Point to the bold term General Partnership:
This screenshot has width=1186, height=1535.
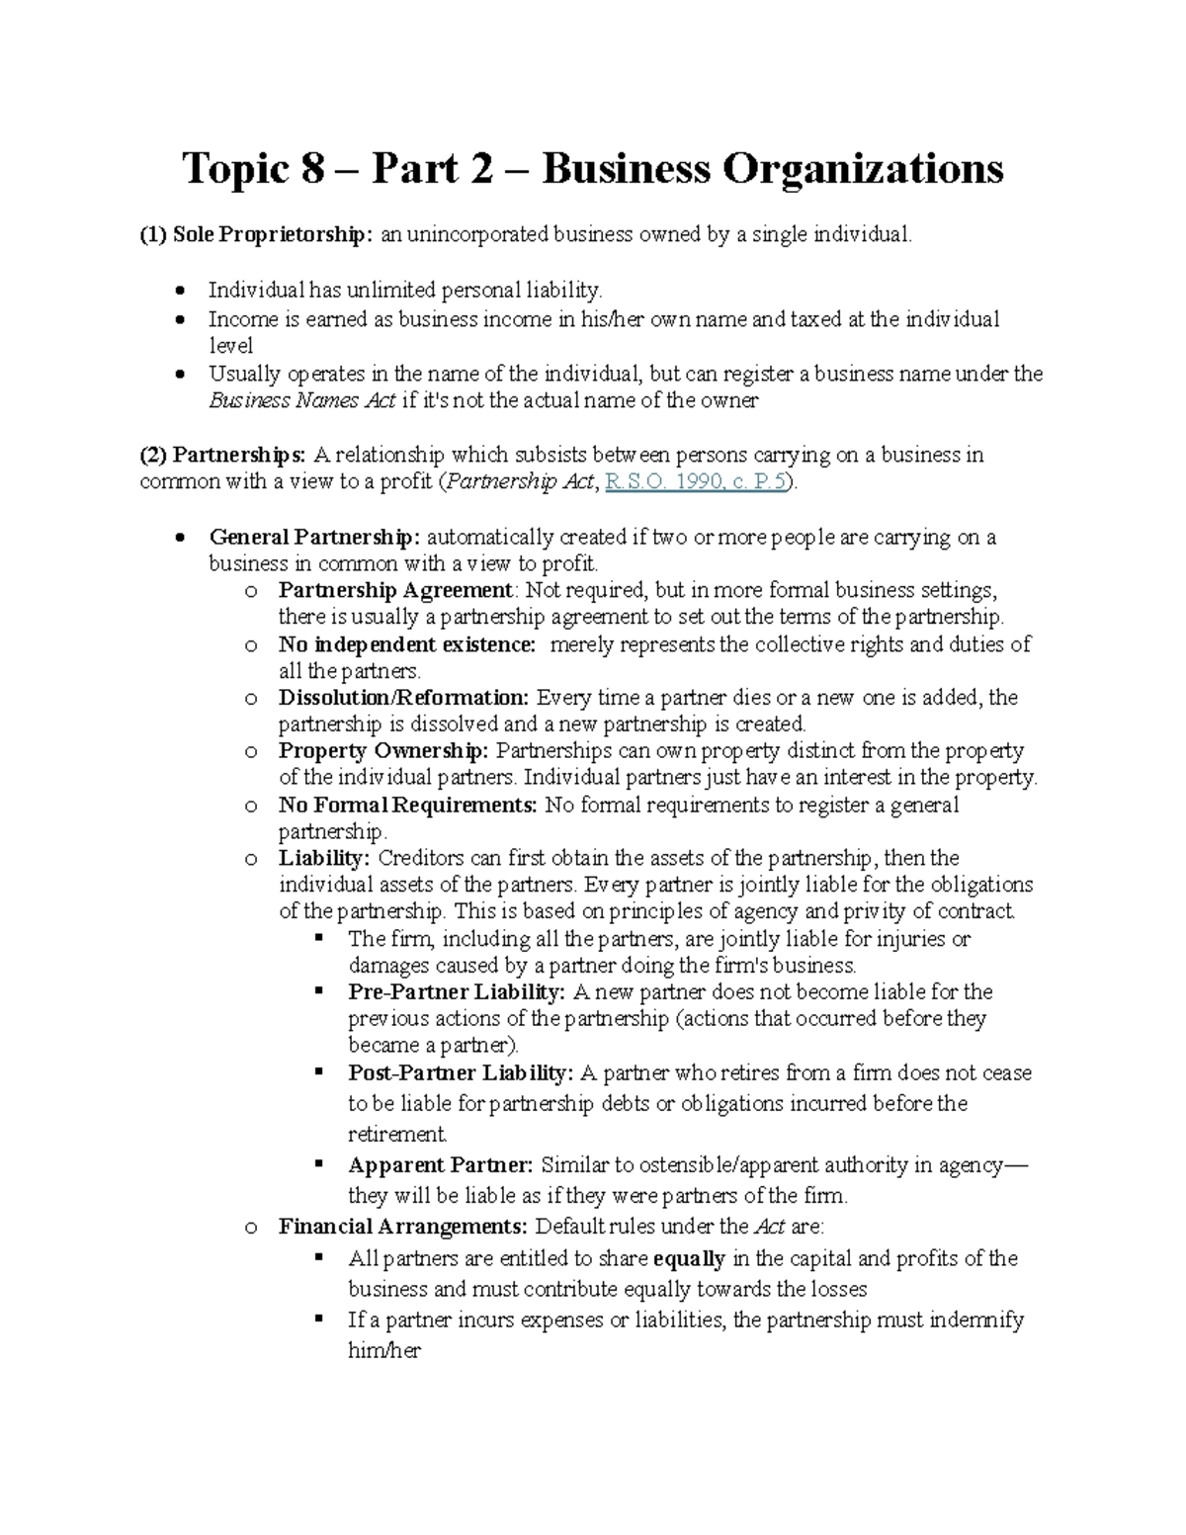click(314, 537)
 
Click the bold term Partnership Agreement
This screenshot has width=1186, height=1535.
click(395, 590)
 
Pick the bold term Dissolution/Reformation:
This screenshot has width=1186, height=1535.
click(403, 698)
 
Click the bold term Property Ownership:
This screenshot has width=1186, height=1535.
click(383, 751)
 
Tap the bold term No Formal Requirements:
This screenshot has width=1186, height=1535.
click(407, 805)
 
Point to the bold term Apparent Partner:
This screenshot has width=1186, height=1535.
click(441, 1165)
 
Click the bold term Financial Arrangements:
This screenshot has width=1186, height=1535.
click(403, 1227)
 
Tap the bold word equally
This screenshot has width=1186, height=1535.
click(689, 1258)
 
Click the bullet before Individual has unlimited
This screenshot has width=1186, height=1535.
click(178, 291)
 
